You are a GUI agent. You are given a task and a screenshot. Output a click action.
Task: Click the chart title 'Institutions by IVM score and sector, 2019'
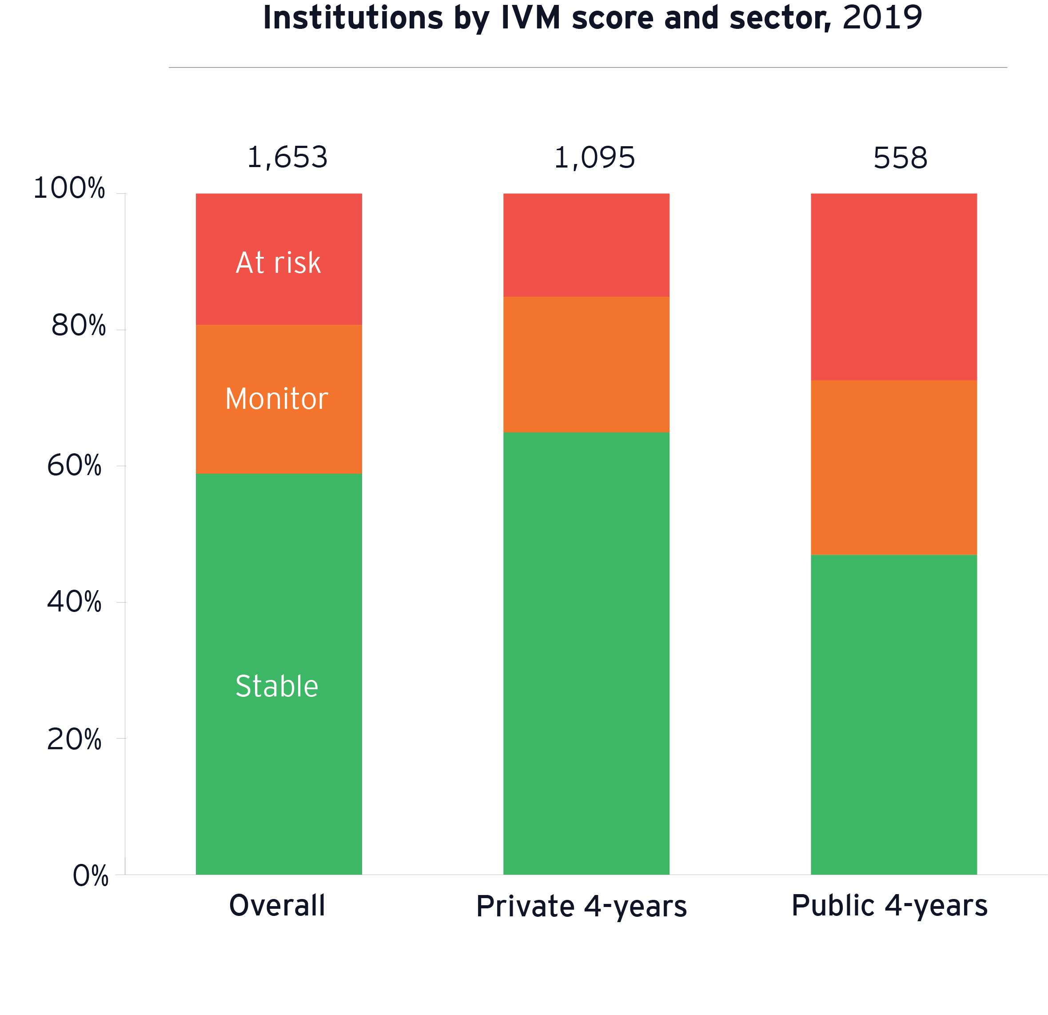[593, 18]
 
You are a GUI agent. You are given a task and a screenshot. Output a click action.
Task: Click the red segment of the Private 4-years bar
[586, 245]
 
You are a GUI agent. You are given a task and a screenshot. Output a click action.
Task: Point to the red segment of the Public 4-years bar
[893, 287]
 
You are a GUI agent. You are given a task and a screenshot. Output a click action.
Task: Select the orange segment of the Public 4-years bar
[893, 468]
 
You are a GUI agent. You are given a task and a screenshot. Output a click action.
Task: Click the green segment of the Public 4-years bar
[893, 715]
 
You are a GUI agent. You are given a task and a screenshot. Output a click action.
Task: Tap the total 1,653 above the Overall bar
[287, 158]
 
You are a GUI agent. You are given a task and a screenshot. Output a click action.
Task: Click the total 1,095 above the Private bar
[594, 158]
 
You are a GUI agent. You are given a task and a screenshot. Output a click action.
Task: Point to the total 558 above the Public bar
[901, 158]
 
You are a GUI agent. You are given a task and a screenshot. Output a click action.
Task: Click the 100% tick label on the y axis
[69, 188]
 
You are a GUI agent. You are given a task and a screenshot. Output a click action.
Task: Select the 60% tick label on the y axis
[74, 465]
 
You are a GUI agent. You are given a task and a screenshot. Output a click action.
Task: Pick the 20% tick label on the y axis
[74, 740]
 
